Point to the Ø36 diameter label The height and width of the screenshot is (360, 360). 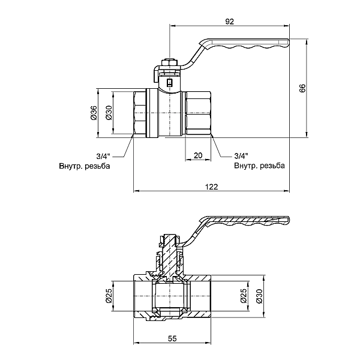[x=94, y=112]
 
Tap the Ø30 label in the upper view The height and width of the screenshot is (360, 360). [x=109, y=112]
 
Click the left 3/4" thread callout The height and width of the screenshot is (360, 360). [x=104, y=155]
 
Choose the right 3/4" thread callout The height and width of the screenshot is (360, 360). [x=241, y=155]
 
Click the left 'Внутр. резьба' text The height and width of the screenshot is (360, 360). [x=84, y=166]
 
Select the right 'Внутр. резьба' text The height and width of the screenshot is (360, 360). [x=259, y=166]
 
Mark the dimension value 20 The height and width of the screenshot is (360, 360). [x=197, y=155]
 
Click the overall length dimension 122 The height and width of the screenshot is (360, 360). [x=211, y=187]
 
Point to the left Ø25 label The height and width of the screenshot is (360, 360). [x=109, y=296]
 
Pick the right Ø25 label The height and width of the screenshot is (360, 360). [x=244, y=296]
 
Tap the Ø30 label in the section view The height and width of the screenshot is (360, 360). [x=259, y=296]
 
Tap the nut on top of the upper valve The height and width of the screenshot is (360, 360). [x=169, y=62]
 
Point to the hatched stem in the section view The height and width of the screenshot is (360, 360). [x=172, y=255]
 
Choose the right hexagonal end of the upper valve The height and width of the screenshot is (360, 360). [x=198, y=112]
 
